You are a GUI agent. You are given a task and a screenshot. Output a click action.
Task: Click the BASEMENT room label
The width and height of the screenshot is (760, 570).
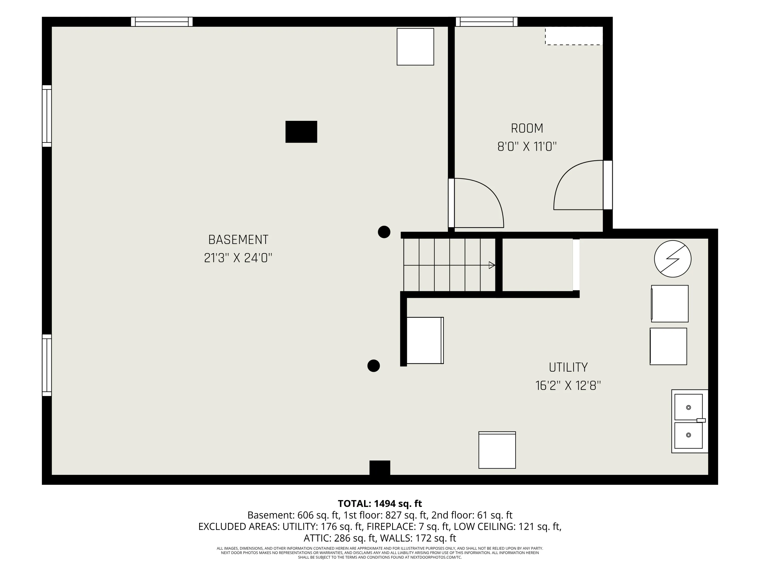click(238, 239)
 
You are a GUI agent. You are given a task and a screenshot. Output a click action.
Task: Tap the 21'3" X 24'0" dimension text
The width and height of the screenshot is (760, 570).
click(238, 258)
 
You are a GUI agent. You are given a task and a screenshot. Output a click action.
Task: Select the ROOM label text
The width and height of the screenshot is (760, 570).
click(527, 128)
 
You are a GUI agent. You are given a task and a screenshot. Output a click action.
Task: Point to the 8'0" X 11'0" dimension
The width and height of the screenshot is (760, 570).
click(527, 147)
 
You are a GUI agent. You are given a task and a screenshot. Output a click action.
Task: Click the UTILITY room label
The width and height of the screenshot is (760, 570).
click(568, 367)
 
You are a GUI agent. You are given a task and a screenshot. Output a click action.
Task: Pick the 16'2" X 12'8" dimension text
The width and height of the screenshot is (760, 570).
click(568, 386)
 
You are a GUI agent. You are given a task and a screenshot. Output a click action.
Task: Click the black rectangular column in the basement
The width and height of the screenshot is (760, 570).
click(301, 131)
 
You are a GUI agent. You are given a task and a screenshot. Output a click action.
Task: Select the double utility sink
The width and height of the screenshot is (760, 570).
click(690, 421)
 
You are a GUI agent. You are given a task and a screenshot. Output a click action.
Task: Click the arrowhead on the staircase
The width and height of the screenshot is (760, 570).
click(492, 265)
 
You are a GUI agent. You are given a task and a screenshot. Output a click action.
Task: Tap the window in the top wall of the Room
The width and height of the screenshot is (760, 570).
click(486, 22)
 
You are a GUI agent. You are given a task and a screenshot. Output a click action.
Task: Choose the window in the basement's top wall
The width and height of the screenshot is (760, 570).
click(162, 22)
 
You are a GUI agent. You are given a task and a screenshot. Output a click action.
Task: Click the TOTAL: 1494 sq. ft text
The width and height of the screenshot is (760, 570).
click(380, 504)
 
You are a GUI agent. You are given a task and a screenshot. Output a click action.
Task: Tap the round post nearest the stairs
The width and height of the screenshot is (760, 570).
click(384, 232)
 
